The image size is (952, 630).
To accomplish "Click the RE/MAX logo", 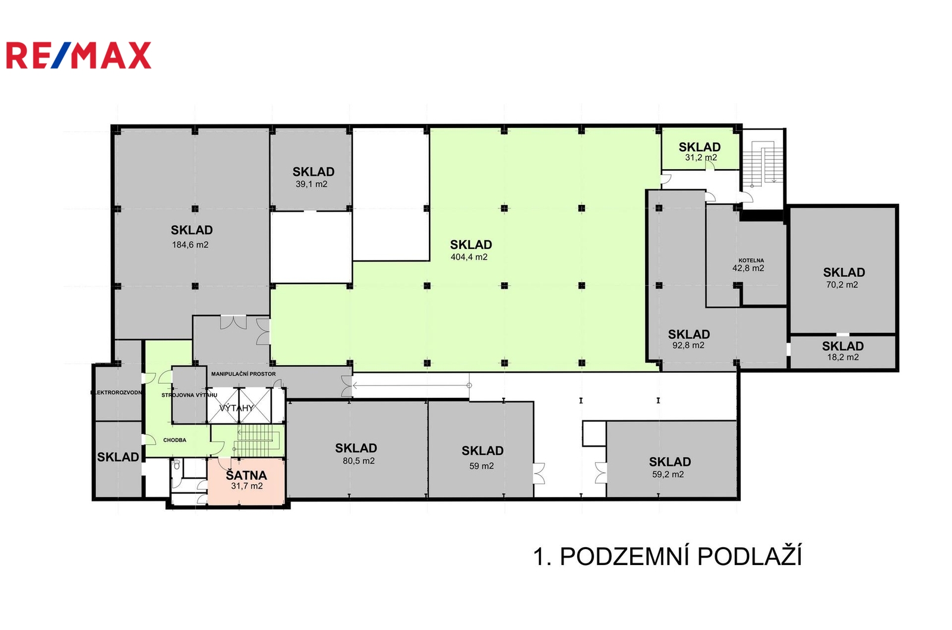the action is click(79, 55).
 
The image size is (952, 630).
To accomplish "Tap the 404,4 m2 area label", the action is click(469, 257).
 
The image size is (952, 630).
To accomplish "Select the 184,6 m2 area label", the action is click(190, 245).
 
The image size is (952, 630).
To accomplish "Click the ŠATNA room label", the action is click(246, 475).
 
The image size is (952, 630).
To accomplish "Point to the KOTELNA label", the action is click(751, 260).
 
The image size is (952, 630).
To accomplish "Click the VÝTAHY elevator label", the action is click(236, 408).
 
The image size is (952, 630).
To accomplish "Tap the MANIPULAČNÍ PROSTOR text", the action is click(243, 374).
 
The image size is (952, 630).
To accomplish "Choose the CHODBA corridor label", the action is click(175, 440).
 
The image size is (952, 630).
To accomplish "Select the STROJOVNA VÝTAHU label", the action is click(189, 395).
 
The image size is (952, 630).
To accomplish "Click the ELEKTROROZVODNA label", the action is click(117, 392).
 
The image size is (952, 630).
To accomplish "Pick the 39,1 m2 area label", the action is click(312, 184).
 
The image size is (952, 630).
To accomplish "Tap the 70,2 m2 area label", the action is click(842, 285).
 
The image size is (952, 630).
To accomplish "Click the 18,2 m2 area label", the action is click(843, 357).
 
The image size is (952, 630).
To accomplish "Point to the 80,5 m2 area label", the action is click(359, 461).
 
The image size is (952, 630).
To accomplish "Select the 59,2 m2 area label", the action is click(668, 475).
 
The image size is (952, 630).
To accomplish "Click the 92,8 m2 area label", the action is click(688, 345).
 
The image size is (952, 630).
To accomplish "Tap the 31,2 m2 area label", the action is click(701, 157).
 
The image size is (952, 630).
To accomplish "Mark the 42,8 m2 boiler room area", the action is click(748, 268).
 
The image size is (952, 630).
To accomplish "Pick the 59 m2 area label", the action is click(481, 466).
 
